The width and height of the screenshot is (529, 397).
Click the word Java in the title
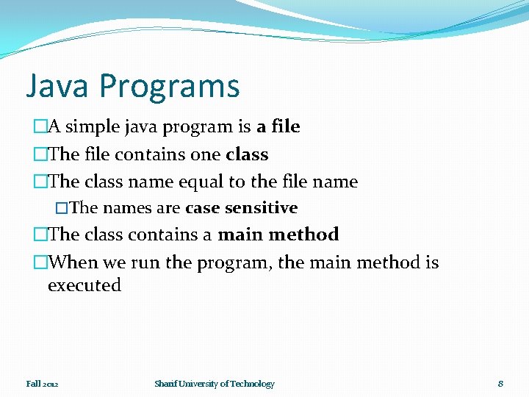(58, 85)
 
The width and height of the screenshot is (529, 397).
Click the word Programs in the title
(170, 87)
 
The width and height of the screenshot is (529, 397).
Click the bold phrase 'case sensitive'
(241, 208)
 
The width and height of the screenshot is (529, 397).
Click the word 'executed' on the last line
(84, 285)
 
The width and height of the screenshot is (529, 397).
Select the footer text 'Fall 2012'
(42, 384)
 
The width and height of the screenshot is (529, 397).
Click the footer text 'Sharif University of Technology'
(214, 384)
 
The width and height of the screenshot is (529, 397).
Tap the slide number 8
(500, 384)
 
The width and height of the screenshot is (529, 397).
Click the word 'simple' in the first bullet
(94, 127)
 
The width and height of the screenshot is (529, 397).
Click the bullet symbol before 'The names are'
(62, 208)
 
